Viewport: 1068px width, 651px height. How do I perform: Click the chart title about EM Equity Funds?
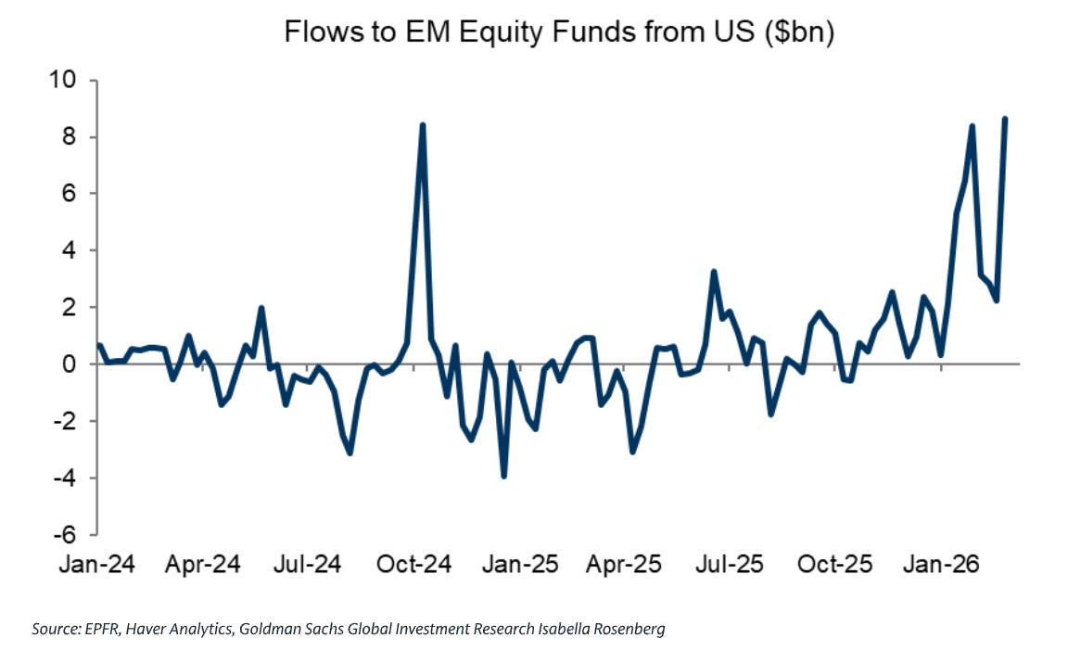point(558,32)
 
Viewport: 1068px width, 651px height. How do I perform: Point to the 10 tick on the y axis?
point(63,80)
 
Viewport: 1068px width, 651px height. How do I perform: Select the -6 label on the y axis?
point(66,534)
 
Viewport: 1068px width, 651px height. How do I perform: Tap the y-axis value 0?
point(70,364)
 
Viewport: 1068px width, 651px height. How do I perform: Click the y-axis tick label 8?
point(70,137)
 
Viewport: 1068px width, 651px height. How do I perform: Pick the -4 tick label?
point(66,478)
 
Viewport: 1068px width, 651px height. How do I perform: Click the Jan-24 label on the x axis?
point(96,564)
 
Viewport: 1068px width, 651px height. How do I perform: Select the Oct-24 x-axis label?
point(414,564)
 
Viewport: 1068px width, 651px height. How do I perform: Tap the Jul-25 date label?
point(730,564)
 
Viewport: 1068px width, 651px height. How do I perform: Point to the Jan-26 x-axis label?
point(941,564)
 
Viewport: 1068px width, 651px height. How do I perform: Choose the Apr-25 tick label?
point(624,564)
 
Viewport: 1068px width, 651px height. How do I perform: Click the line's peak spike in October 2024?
point(423,125)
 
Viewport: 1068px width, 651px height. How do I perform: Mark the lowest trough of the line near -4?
point(504,476)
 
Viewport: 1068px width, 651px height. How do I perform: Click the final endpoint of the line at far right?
point(1005,120)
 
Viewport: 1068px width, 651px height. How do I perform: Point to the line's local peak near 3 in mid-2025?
point(713,272)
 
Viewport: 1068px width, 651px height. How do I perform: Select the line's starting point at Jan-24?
point(99,345)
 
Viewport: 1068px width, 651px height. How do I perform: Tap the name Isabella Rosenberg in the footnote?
point(602,629)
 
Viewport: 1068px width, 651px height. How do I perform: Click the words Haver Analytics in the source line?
point(179,630)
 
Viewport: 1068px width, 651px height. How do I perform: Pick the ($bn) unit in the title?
point(800,32)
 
